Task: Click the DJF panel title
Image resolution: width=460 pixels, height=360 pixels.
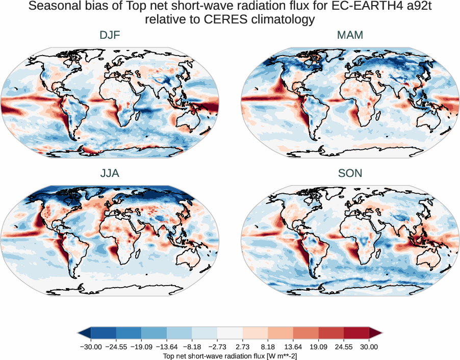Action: (x=110, y=35)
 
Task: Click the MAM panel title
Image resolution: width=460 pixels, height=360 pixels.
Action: (x=350, y=35)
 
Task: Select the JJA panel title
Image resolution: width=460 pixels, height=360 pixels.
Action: (x=110, y=173)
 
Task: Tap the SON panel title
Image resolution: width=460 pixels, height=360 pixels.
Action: (x=350, y=173)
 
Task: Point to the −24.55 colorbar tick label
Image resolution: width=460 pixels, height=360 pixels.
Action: (x=117, y=347)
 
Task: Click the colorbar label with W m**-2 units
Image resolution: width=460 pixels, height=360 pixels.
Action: (x=229, y=355)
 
